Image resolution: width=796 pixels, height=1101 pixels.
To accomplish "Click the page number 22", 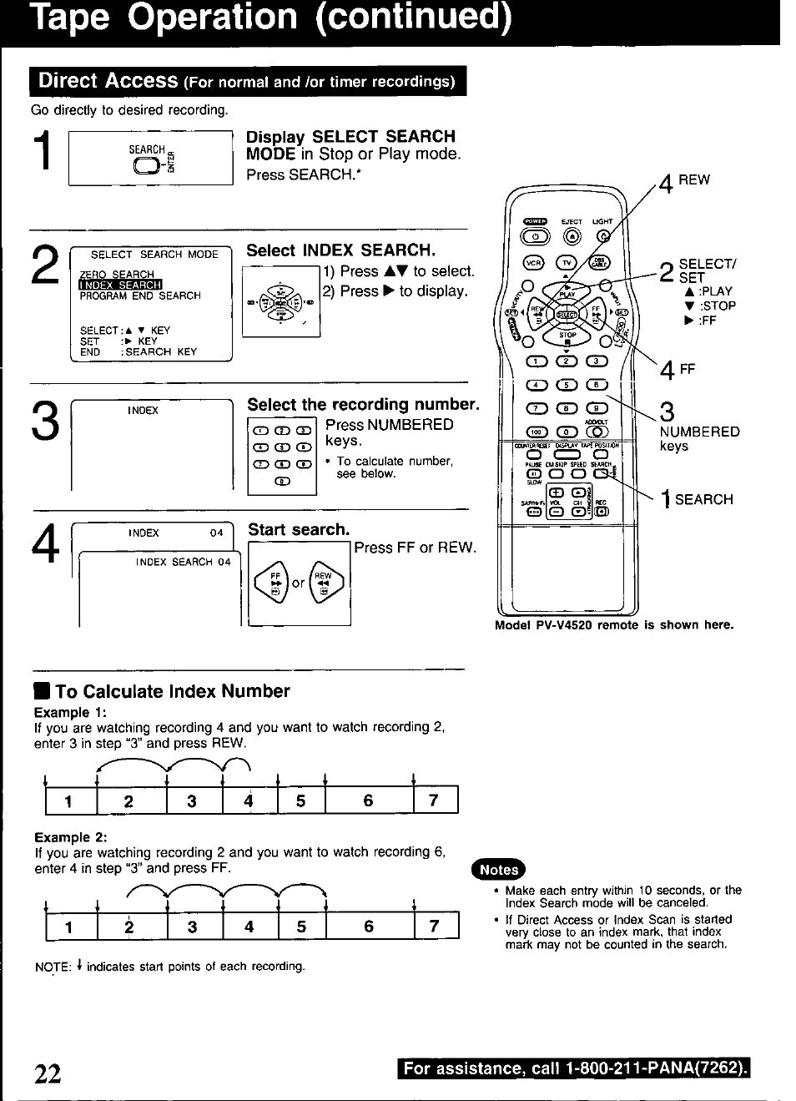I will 48,1073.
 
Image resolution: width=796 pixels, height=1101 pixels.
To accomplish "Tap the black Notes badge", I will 499,869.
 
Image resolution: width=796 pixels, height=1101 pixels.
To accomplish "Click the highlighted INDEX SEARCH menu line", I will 120,285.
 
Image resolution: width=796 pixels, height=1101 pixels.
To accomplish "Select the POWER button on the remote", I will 534,222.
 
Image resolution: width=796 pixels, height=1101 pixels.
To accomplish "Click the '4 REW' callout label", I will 684,180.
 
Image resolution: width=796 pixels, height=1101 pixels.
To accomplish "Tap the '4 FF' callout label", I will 677,369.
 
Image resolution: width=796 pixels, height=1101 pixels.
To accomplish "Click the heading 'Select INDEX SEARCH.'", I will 340,250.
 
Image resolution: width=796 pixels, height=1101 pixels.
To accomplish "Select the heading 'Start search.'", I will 299,529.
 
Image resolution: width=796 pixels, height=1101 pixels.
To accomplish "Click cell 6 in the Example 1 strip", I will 368,801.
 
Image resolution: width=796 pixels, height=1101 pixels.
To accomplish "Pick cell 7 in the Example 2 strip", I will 434,927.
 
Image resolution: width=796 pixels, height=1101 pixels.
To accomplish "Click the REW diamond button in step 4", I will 324,581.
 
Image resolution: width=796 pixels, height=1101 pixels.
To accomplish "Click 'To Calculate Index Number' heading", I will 172,691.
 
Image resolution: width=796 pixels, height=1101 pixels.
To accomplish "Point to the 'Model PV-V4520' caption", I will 613,624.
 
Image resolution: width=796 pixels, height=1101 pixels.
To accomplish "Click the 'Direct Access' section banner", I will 248,81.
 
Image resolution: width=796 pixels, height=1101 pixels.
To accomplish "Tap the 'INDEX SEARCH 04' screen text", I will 183,562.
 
